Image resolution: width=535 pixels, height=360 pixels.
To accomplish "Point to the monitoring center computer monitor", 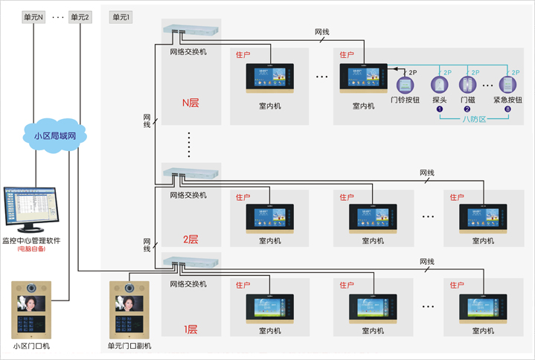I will coord(31,206).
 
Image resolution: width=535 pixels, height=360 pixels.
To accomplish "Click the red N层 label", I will coord(190,103).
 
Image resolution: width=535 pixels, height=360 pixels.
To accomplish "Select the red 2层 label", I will coord(190,240).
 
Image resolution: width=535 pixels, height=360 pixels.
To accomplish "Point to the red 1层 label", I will coord(190,328).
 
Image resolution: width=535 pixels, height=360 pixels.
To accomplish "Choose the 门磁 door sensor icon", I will coord(467,83).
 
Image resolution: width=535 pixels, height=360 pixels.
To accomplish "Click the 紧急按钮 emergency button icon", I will coord(507,83).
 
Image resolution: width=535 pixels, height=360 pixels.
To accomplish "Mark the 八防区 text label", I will coord(473,119).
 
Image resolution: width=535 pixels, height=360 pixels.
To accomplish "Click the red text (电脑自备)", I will coord(31,249).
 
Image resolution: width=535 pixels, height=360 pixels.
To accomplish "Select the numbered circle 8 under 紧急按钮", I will coord(507,109).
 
